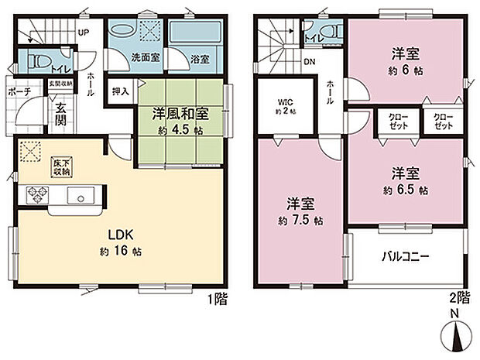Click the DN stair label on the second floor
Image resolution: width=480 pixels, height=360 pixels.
(x=309, y=63)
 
